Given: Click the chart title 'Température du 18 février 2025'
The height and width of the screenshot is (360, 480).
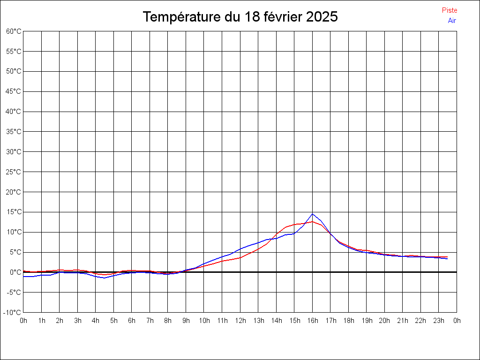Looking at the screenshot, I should coord(240,17).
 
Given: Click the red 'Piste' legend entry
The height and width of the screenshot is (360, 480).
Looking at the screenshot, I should coord(450,10).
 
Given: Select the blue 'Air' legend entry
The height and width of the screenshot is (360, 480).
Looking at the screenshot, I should coord(452,20).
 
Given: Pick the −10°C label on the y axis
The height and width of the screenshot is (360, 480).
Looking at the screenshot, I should coord(13,312).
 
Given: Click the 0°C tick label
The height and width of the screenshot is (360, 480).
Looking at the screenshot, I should coord(15,272).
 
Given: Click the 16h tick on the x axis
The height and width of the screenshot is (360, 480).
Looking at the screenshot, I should coord(313,321).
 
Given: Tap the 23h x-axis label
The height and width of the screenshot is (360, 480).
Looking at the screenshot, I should coord(439,321).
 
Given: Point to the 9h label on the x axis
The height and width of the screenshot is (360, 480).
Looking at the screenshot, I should coord(186,321).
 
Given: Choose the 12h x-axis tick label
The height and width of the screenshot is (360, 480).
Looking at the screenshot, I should coord(240,321).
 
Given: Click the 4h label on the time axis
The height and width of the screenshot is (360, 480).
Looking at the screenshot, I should coord(96,321).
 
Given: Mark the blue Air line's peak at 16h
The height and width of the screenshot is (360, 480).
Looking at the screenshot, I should coord(313,214).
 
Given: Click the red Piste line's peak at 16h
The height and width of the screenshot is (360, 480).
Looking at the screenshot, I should coord(313,221).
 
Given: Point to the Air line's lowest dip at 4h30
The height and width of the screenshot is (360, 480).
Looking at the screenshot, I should coord(105,278).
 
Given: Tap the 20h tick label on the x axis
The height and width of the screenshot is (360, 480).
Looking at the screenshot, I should coord(385,321).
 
